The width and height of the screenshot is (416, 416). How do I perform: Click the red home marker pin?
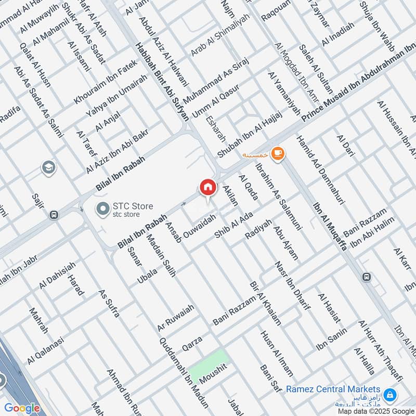click(x=207, y=187)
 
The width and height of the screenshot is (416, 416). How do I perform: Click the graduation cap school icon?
click(x=48, y=168)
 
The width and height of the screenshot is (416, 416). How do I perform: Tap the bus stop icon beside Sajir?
click(x=53, y=215)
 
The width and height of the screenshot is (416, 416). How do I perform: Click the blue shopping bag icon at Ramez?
click(x=391, y=396)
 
